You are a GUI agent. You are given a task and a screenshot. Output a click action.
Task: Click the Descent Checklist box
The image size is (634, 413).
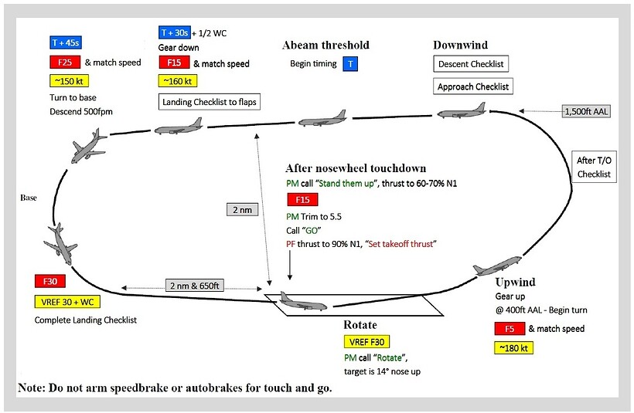472,65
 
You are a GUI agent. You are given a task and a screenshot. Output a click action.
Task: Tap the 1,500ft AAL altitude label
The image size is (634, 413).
587,112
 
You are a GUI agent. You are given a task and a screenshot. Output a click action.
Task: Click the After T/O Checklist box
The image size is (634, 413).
594,166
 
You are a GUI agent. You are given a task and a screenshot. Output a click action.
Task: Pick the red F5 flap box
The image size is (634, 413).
509,329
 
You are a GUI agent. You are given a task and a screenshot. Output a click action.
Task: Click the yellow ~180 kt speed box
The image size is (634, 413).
513,348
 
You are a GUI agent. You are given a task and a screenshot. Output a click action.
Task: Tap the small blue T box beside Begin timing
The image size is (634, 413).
350,64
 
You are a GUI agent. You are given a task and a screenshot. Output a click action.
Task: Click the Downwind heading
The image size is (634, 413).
462,45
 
